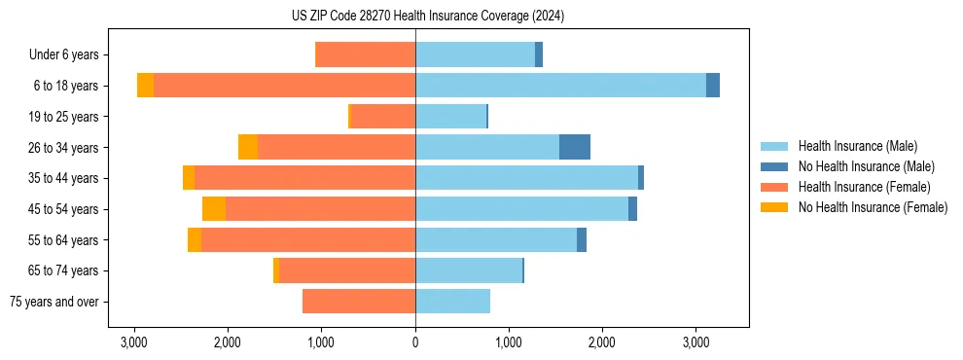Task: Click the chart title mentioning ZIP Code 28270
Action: [427, 17]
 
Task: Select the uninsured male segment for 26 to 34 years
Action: [574, 147]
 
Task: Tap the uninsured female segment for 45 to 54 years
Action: [214, 209]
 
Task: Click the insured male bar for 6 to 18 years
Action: [560, 86]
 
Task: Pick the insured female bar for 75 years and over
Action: [359, 302]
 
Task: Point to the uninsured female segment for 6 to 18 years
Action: [145, 86]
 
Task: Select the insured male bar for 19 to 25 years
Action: [450, 117]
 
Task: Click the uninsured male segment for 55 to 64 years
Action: [582, 240]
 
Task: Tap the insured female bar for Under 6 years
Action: [366, 54]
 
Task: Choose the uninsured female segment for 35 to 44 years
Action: [189, 178]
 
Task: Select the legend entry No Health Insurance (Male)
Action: [866, 166]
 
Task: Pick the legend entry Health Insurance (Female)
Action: [864, 187]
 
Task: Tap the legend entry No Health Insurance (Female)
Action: [873, 207]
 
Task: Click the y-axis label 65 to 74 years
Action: [63, 271]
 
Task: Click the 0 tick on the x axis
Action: [415, 343]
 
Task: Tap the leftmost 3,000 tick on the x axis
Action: [134, 343]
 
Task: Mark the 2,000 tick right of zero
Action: [602, 343]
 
